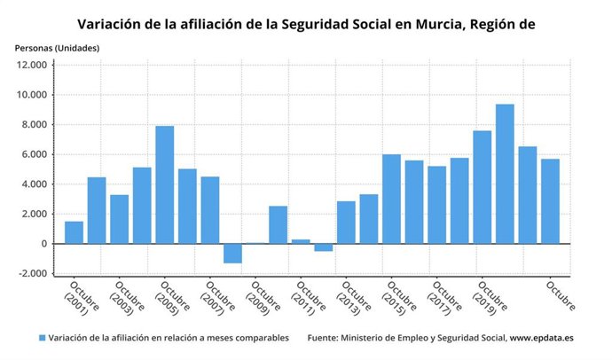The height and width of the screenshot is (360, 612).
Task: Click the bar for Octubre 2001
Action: pyautogui.click(x=74, y=232)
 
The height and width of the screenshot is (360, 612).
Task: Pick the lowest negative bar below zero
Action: pyautogui.click(x=232, y=253)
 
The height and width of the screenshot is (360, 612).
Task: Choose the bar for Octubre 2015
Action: pyautogui.click(x=391, y=199)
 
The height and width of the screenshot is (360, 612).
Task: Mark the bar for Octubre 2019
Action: pyautogui.click(x=482, y=187)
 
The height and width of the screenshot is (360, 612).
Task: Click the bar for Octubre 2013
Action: pyautogui.click(x=346, y=223)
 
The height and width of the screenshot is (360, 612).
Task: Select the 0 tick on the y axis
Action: pyautogui.click(x=43, y=244)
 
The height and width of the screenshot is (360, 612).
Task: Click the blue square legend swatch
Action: pyautogui.click(x=42, y=338)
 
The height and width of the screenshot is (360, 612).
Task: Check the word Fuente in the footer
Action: pyautogui.click(x=325, y=338)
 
